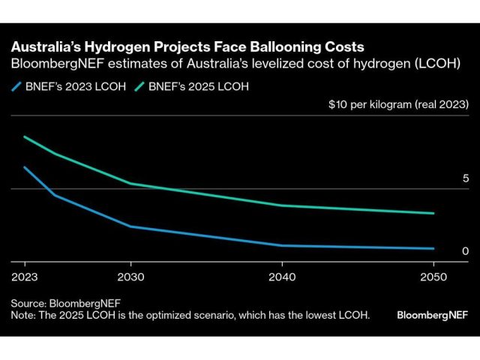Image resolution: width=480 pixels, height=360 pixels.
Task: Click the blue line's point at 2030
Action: click(x=130, y=226)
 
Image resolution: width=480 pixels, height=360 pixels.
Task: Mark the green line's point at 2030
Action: click(x=130, y=184)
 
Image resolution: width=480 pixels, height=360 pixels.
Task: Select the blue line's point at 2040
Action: click(x=281, y=245)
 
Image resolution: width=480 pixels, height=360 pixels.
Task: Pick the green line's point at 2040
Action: click(x=281, y=205)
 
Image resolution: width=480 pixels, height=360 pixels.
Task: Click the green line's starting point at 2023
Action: click(x=25, y=137)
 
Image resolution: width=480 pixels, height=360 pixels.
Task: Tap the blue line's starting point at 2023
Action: click(x=25, y=167)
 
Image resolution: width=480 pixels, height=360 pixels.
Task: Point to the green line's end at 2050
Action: click(x=433, y=213)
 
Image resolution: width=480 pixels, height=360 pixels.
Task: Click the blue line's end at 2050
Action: click(x=433, y=248)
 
